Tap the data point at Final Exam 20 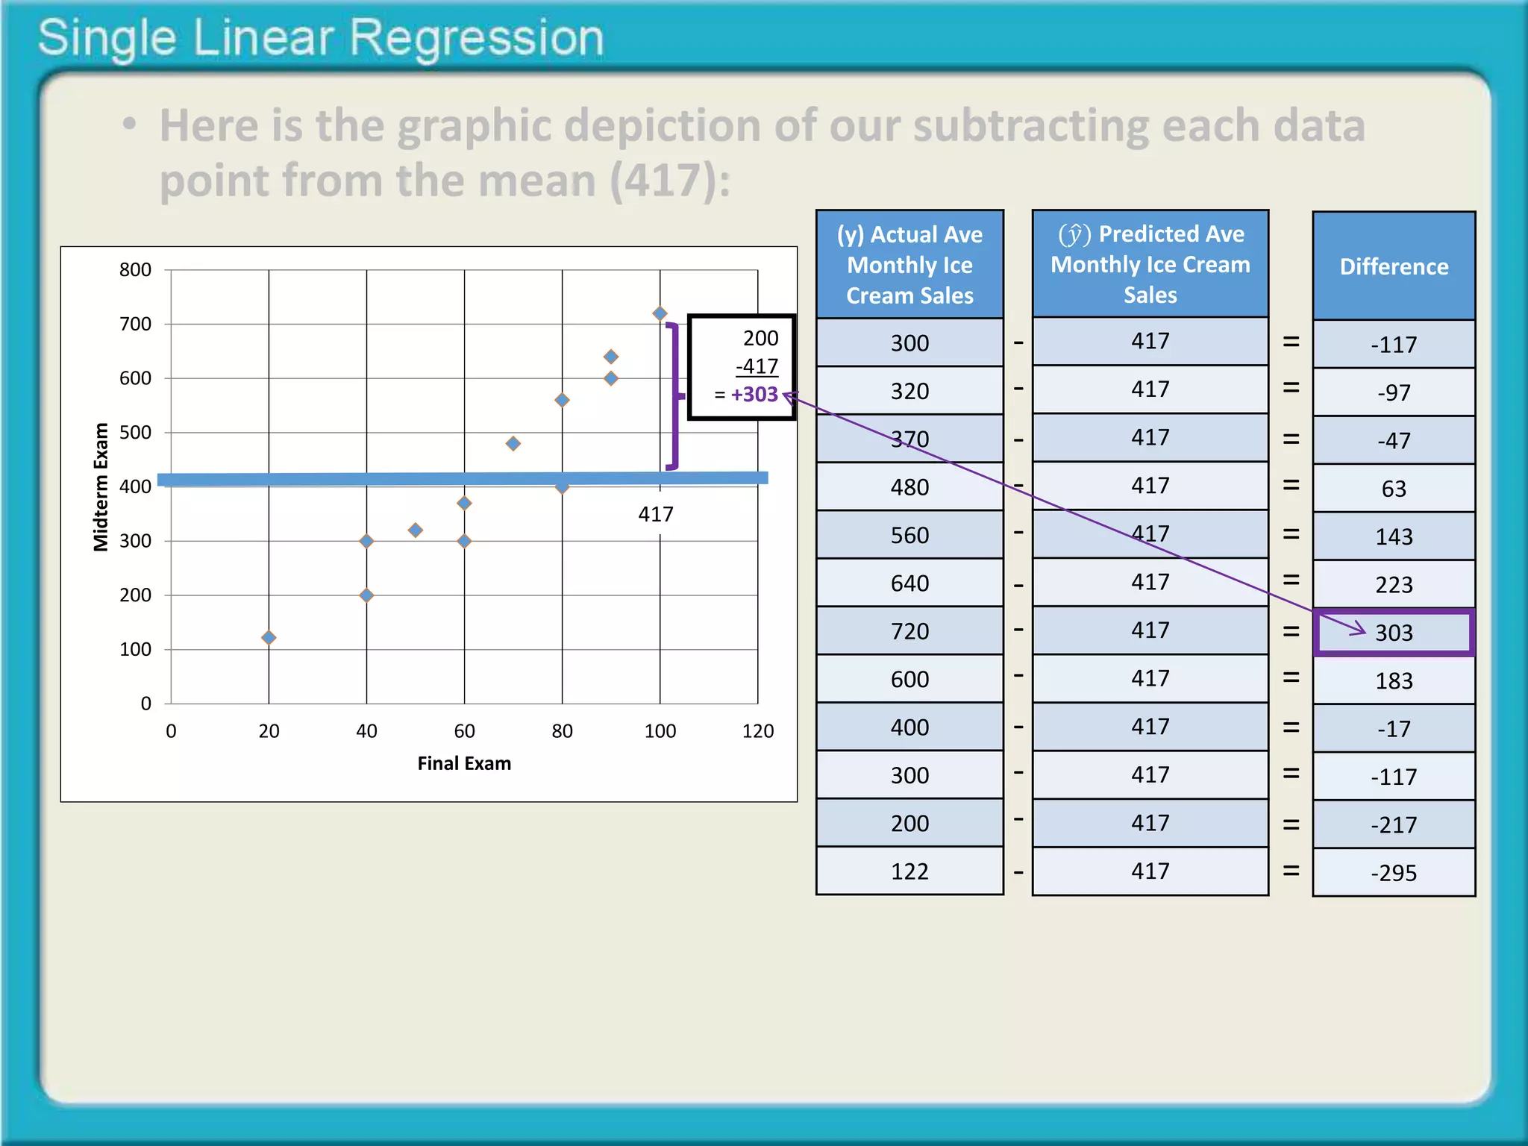click(x=269, y=637)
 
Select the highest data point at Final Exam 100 click(x=660, y=314)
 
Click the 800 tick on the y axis click(x=135, y=269)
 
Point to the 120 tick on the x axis click(x=757, y=731)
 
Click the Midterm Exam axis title click(x=101, y=486)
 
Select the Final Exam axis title click(x=464, y=763)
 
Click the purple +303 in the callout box click(x=754, y=394)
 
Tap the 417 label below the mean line click(x=656, y=514)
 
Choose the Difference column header click(x=1394, y=266)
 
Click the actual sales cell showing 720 click(x=909, y=631)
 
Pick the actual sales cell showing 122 click(x=909, y=871)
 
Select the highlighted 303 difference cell click(x=1394, y=633)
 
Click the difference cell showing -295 click(x=1394, y=873)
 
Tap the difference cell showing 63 click(x=1394, y=489)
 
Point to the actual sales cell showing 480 click(x=909, y=487)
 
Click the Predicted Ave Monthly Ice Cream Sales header click(x=1150, y=264)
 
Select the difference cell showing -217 click(x=1394, y=824)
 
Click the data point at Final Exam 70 click(x=513, y=443)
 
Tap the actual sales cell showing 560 click(x=909, y=535)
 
